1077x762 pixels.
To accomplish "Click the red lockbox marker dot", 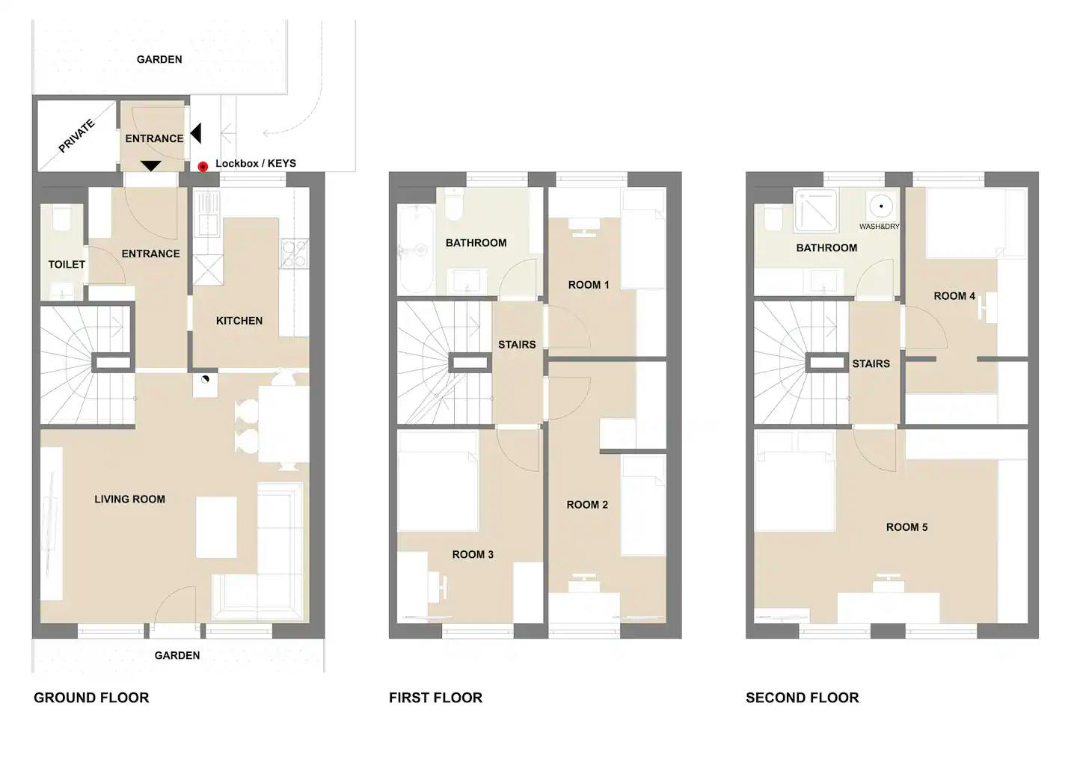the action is tap(203, 166).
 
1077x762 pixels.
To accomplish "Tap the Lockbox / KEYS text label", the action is tap(255, 164).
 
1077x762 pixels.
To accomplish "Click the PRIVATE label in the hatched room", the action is tap(76, 136).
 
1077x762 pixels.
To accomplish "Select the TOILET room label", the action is tap(67, 265).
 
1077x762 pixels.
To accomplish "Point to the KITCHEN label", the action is tap(239, 321).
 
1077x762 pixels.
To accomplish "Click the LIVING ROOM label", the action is tap(130, 499).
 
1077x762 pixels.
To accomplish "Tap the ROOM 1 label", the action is tap(589, 285).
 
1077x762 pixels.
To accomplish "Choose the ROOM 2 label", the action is tap(587, 504).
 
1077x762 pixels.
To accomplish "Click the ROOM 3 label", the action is tap(473, 554).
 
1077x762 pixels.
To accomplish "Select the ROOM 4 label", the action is tap(954, 296).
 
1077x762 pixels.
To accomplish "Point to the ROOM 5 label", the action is tap(906, 527).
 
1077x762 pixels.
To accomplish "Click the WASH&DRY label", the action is tap(879, 227).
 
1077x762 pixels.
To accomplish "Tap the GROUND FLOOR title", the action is tap(91, 698).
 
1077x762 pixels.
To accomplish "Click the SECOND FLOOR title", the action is tap(802, 698).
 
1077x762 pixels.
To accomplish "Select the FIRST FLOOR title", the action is tap(435, 698).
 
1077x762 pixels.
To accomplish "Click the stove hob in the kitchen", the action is tap(295, 254).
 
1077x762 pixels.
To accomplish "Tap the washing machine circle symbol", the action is tap(881, 206).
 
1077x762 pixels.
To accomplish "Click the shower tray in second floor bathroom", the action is tap(816, 211).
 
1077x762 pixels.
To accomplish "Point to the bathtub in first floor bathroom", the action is tap(417, 250).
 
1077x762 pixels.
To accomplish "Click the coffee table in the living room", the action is tap(216, 527).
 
